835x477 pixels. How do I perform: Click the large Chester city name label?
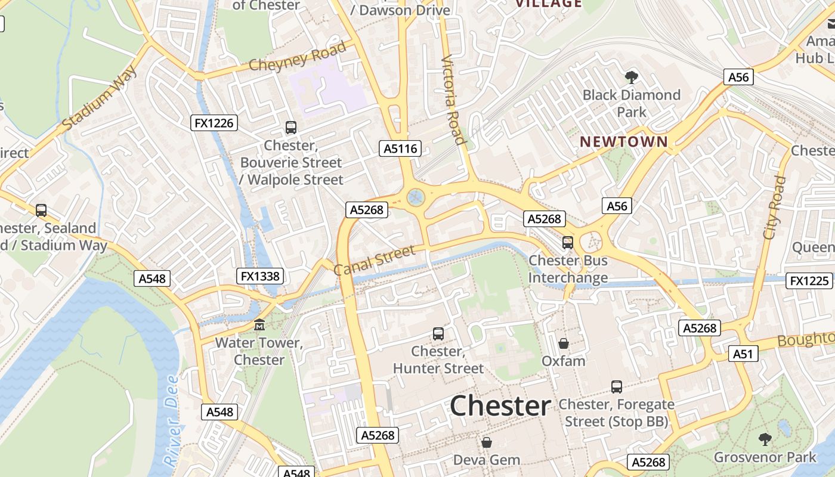(500, 407)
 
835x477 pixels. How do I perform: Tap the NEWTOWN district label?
(624, 142)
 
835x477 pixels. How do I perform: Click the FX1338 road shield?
(259, 276)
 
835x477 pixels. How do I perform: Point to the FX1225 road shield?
(809, 281)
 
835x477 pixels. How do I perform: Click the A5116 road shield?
(400, 148)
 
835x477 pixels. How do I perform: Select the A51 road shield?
(743, 354)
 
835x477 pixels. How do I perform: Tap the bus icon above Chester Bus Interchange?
(568, 243)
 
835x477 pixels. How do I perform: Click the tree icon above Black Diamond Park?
(631, 77)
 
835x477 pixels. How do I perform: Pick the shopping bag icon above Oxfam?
(564, 343)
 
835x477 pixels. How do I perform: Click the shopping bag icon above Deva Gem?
(487, 442)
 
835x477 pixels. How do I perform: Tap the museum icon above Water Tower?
(259, 325)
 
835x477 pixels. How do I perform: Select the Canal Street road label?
(374, 261)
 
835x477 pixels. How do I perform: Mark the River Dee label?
(171, 420)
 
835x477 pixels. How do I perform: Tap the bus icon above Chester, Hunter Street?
(438, 334)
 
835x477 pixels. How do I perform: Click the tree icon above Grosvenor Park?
(765, 439)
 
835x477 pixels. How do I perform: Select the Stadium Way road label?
(100, 99)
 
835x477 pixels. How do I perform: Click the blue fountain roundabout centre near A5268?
(415, 197)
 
